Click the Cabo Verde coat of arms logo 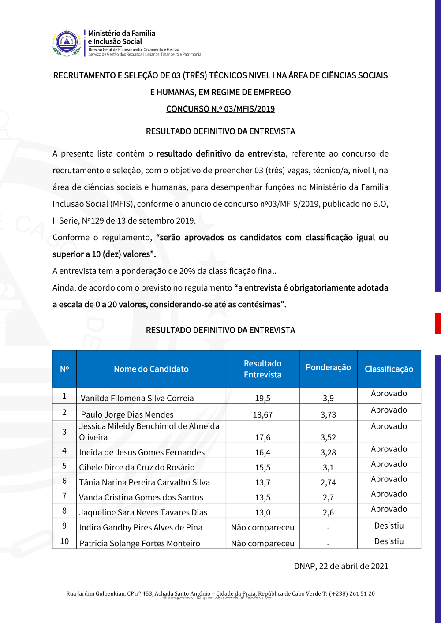67,43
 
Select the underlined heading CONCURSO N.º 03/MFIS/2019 220,109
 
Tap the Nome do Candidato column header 151,369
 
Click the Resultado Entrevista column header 262,369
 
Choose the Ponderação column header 328,367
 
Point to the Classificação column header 389,369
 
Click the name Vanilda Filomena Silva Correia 137,398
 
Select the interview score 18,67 262,415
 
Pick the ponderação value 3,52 328,437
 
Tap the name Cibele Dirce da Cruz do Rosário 137,467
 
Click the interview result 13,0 262,512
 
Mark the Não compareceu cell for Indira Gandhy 262,527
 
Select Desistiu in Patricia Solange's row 389,541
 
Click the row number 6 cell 64,481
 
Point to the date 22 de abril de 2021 353,566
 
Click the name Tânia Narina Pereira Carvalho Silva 144,482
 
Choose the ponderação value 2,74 328,482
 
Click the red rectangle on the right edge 437,323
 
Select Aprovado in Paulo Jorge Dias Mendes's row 389,410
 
